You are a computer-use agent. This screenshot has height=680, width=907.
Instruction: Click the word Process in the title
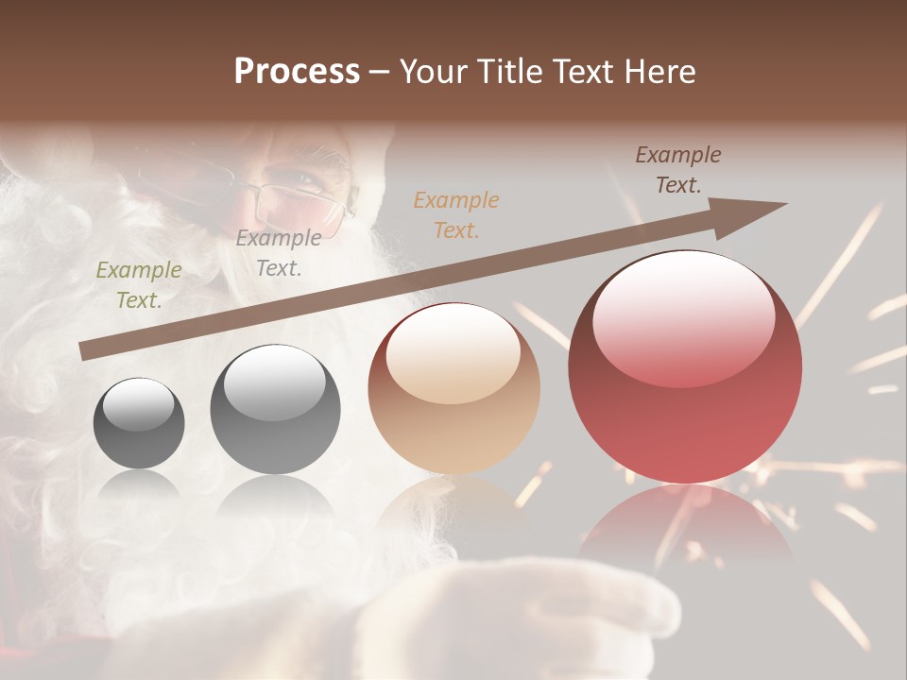(297, 72)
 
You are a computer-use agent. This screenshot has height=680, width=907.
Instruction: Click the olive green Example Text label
(139, 285)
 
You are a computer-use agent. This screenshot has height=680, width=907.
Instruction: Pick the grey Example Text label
(278, 252)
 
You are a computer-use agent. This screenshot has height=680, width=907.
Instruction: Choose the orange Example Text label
(456, 214)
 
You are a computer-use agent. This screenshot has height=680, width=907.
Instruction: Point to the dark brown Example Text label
(677, 170)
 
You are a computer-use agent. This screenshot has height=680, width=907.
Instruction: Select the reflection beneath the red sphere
(685, 524)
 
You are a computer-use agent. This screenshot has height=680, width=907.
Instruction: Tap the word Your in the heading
(434, 72)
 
